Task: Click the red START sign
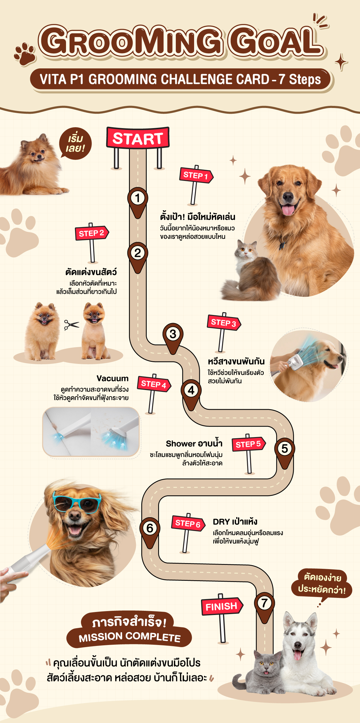click(x=138, y=137)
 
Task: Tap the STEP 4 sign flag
click(x=154, y=384)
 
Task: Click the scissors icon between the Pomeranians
click(x=71, y=325)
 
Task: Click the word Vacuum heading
click(x=112, y=378)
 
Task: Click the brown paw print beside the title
click(x=25, y=54)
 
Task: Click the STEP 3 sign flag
click(x=224, y=322)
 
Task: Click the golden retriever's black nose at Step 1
click(x=288, y=196)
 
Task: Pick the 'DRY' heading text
click(x=221, y=522)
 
